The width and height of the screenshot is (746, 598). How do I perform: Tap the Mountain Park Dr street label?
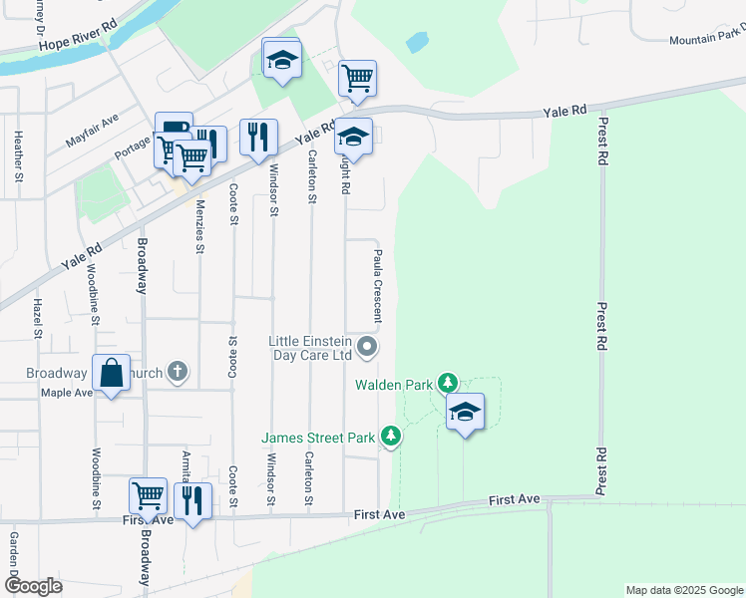[706, 38]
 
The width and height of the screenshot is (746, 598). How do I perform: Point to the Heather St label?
[18, 157]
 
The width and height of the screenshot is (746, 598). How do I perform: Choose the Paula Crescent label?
[378, 286]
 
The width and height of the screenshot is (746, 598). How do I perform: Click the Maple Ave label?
[66, 393]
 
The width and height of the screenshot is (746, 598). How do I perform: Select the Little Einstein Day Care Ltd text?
[310, 347]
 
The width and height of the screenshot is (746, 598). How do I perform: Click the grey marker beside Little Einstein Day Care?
[368, 348]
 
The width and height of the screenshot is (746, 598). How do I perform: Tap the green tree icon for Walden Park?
[449, 383]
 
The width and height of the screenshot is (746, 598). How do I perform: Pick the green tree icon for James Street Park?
[392, 437]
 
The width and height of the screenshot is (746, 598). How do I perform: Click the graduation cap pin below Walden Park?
[465, 412]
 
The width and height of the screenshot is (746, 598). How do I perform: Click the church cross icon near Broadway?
[178, 373]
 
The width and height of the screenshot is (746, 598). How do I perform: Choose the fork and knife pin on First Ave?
[193, 499]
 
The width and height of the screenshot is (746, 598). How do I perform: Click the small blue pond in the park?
[418, 43]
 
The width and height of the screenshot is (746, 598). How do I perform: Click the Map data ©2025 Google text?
[683, 590]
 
